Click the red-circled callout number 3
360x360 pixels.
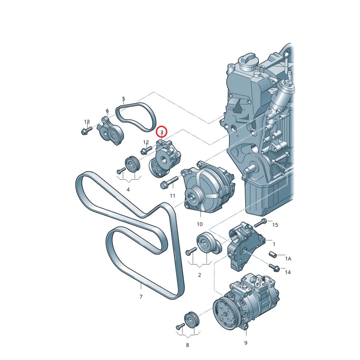click(162, 132)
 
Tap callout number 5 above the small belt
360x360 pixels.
click(124, 99)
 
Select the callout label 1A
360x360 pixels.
click(288, 259)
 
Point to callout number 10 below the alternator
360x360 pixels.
click(200, 224)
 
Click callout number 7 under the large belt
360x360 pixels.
click(141, 297)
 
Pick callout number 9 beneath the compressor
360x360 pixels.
click(246, 343)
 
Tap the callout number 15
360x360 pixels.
click(275, 225)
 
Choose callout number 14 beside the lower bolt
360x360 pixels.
click(288, 272)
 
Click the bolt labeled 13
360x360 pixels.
click(86, 130)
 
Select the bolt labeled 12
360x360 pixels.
click(146, 150)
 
